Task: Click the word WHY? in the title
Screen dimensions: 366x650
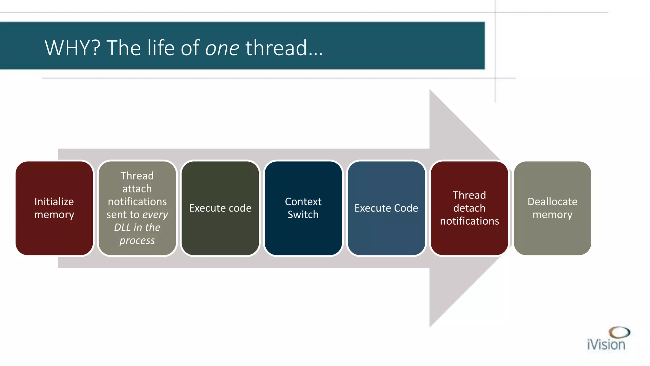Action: pos(72,48)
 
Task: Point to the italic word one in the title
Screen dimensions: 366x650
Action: pos(222,49)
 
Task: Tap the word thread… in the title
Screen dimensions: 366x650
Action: pos(284,48)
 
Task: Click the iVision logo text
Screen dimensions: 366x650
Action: pos(606,345)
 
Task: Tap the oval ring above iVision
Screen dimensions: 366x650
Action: pos(620,332)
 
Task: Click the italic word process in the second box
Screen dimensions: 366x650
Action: pos(137,241)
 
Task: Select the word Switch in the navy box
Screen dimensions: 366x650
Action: pos(303,215)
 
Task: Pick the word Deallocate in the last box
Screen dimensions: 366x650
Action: pos(552,202)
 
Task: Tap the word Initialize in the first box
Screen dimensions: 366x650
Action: pos(54,202)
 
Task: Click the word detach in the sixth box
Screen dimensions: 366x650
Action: pos(469,208)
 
